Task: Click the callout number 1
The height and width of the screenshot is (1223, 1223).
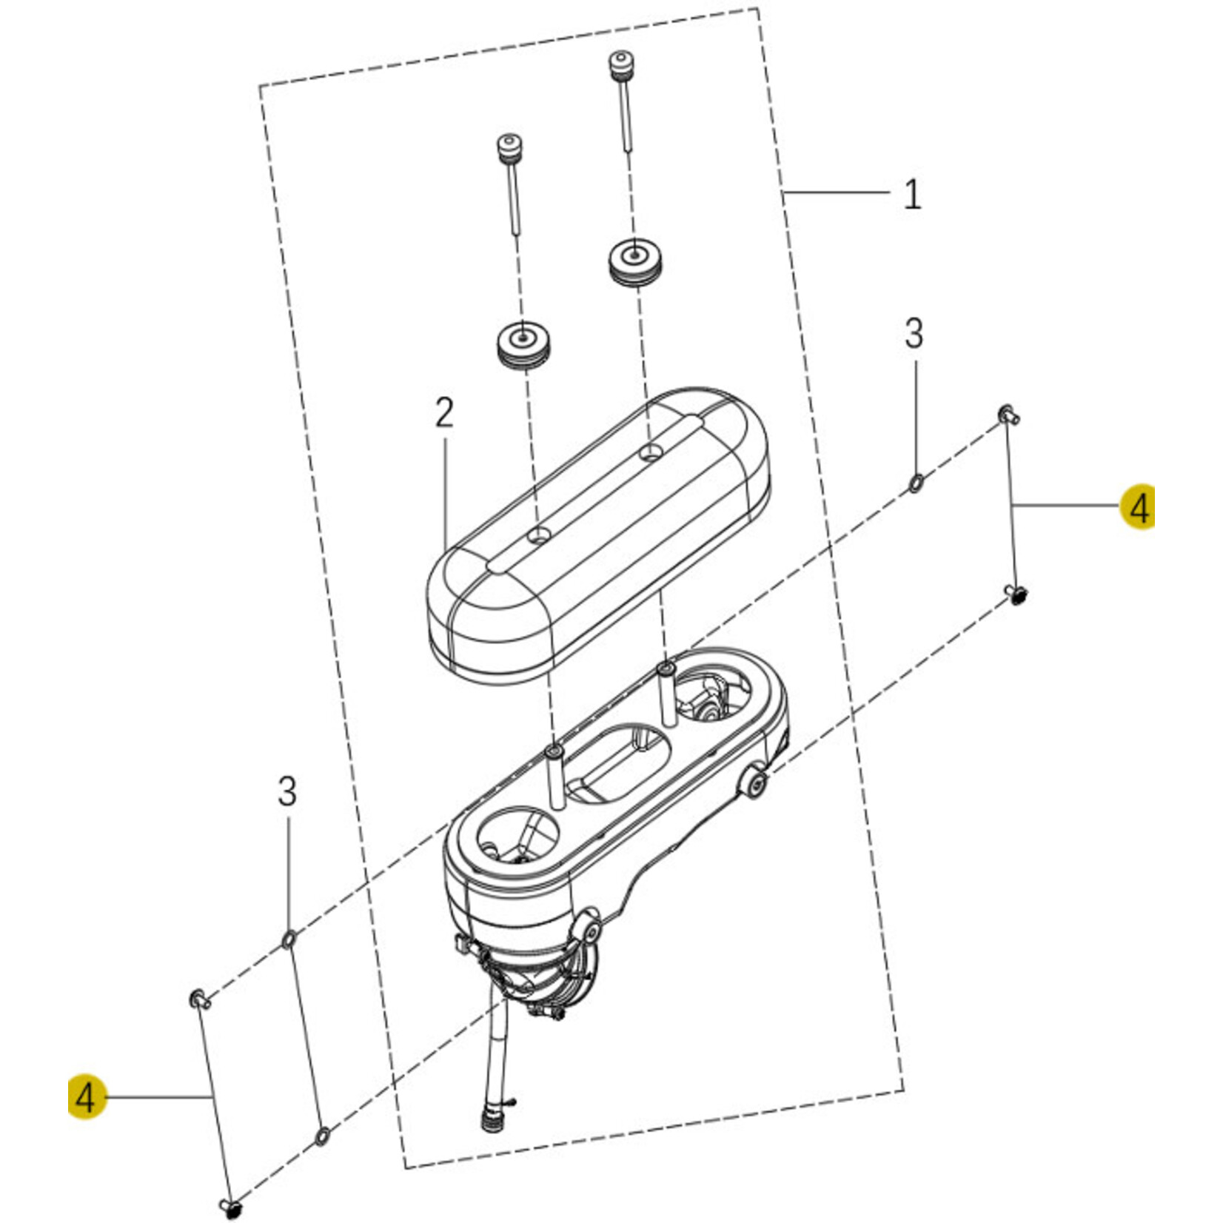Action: click(x=913, y=195)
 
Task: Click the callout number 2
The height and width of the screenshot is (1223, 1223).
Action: click(x=443, y=413)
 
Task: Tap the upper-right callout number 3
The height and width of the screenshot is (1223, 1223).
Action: click(x=914, y=334)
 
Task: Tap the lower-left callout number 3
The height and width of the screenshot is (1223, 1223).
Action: click(x=287, y=791)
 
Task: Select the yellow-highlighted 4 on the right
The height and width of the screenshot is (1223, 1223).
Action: click(x=1139, y=508)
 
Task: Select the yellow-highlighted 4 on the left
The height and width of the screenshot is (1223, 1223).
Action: click(x=87, y=1096)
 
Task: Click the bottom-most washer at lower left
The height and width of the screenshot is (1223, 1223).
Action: click(x=323, y=1136)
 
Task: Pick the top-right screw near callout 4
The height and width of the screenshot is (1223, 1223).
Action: click(x=1008, y=414)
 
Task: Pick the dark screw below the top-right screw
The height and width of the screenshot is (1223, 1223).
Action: click(x=1018, y=593)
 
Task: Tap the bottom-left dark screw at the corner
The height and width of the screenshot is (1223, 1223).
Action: click(x=232, y=1208)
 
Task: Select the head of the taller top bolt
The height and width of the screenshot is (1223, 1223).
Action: click(x=618, y=61)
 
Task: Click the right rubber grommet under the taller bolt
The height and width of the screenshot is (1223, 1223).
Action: click(x=636, y=260)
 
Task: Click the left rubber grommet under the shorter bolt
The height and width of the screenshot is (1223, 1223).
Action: click(x=524, y=343)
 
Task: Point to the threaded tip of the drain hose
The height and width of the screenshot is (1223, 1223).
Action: click(x=489, y=1121)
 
